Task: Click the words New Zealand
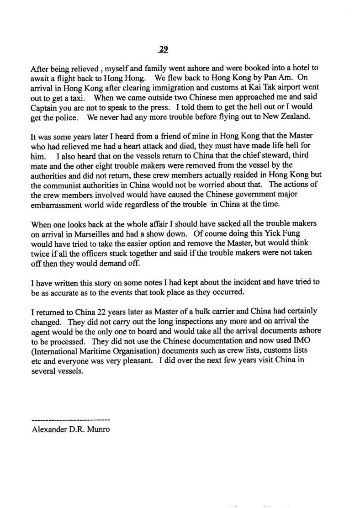tap(290, 116)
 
